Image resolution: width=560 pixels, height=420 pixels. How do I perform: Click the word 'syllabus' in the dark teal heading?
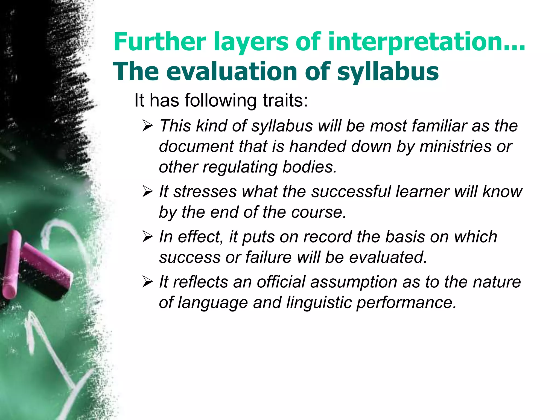point(388,72)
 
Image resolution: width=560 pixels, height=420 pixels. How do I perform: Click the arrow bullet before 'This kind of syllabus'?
point(148,126)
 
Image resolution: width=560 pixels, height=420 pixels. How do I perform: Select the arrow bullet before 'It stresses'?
point(148,192)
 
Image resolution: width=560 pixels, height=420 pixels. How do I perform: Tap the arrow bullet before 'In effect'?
point(148,237)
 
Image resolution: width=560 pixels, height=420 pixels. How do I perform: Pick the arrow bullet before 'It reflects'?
point(148,282)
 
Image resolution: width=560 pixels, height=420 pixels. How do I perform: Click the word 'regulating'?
point(240,167)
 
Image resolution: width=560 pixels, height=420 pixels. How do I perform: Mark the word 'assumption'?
point(354,282)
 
